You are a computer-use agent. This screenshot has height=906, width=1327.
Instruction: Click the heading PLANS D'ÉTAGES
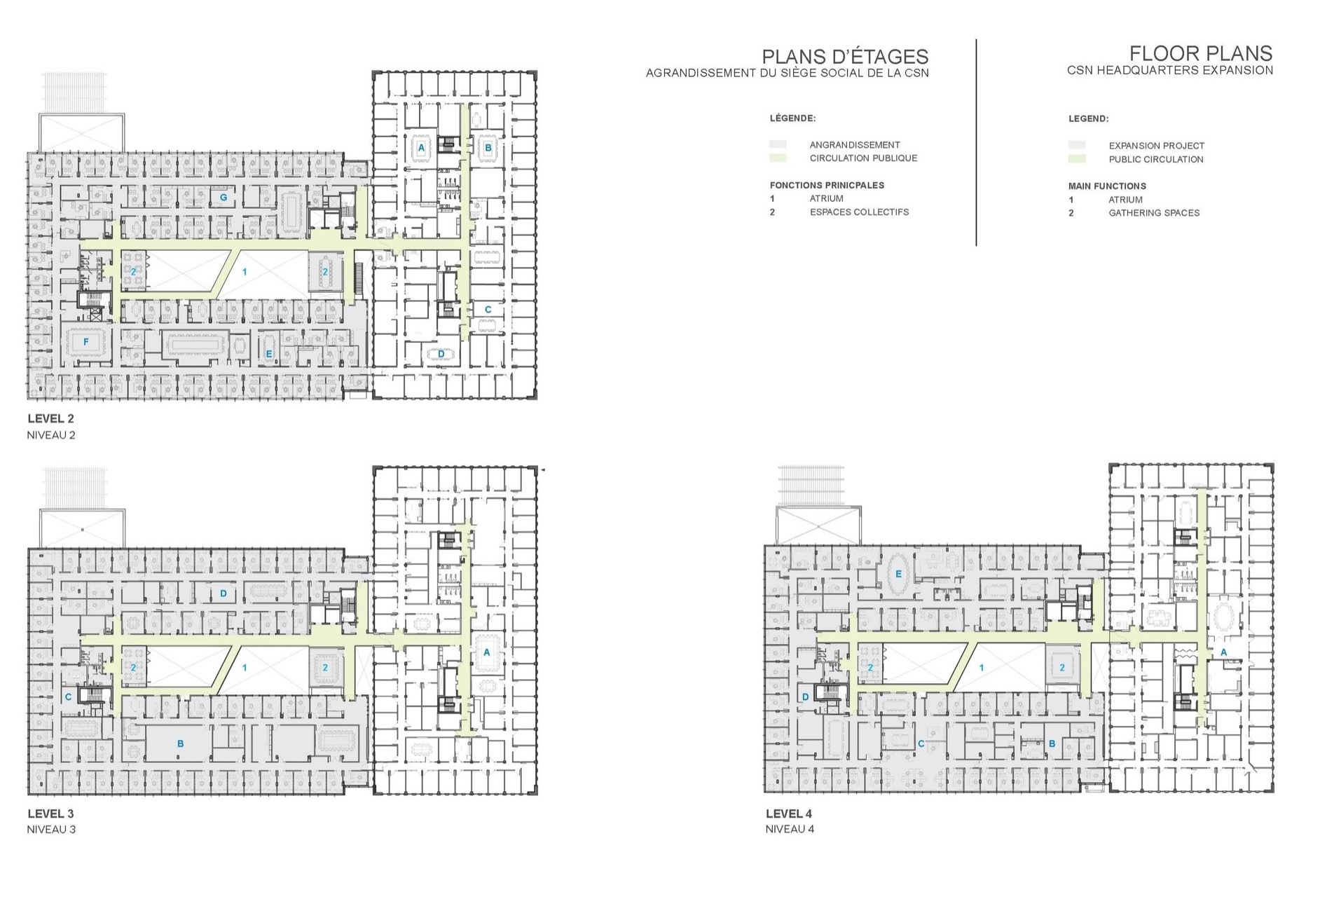point(845,57)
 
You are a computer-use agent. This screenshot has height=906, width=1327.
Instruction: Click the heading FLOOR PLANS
point(1201,53)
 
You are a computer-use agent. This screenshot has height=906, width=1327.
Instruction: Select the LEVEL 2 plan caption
point(50,418)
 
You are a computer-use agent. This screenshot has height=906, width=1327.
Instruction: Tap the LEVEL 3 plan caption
point(50,814)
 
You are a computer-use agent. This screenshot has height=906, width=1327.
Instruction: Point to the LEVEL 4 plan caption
point(789,814)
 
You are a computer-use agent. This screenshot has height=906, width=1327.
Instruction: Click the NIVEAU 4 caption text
point(790,829)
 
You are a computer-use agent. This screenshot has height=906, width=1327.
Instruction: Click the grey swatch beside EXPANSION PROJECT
point(1077,146)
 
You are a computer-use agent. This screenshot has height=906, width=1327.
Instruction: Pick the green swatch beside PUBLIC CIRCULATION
point(1077,159)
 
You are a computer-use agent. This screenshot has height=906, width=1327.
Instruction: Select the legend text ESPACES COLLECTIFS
point(859,212)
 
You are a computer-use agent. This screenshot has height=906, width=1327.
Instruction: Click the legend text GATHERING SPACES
point(1154,212)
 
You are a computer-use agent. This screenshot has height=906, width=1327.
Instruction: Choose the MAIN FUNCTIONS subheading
point(1107,186)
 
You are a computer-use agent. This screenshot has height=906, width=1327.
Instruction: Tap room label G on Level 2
point(224,198)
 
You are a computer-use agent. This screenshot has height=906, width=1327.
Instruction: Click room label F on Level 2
point(86,342)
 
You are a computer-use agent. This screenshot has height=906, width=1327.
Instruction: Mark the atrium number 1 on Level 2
point(245,271)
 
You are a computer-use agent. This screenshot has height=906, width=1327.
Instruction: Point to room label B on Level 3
point(181,743)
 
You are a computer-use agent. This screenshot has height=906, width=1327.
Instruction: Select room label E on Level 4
point(898,574)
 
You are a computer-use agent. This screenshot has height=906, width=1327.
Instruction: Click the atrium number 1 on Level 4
point(982,668)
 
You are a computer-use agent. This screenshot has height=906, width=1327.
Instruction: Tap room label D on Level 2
point(441,354)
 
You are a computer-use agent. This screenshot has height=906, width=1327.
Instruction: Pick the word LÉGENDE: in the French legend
point(792,118)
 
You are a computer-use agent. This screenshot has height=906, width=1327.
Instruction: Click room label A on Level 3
point(487,652)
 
